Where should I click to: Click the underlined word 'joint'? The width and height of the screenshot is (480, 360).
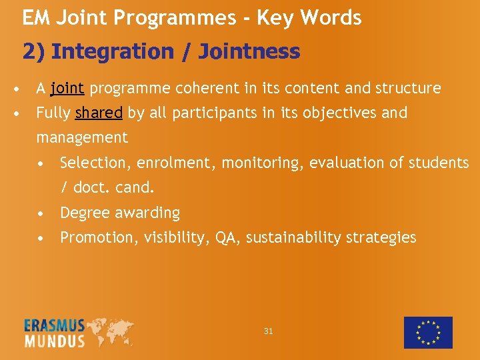pyautogui.click(x=67, y=88)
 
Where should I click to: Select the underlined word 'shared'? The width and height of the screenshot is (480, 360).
pyautogui.click(x=99, y=113)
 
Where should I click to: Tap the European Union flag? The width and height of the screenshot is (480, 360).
pyautogui.click(x=428, y=332)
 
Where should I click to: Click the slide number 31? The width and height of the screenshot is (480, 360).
pyautogui.click(x=268, y=331)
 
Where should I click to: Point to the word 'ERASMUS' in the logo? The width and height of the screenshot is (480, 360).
pyautogui.click(x=55, y=326)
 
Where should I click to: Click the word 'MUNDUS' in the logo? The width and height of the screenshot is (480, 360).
pyautogui.click(x=55, y=341)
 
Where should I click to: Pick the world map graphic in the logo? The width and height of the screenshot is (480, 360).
pyautogui.click(x=110, y=331)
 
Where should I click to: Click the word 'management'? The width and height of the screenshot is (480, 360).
pyautogui.click(x=81, y=138)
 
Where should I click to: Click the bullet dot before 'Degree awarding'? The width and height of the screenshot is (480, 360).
pyautogui.click(x=42, y=213)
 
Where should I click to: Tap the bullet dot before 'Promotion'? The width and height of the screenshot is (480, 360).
pyautogui.click(x=42, y=238)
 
